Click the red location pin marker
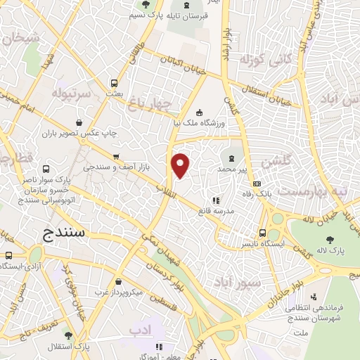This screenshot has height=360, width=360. coord(181,165)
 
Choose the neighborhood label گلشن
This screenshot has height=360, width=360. coord(275,162)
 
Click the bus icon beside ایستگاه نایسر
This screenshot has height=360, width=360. coord(262,233)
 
